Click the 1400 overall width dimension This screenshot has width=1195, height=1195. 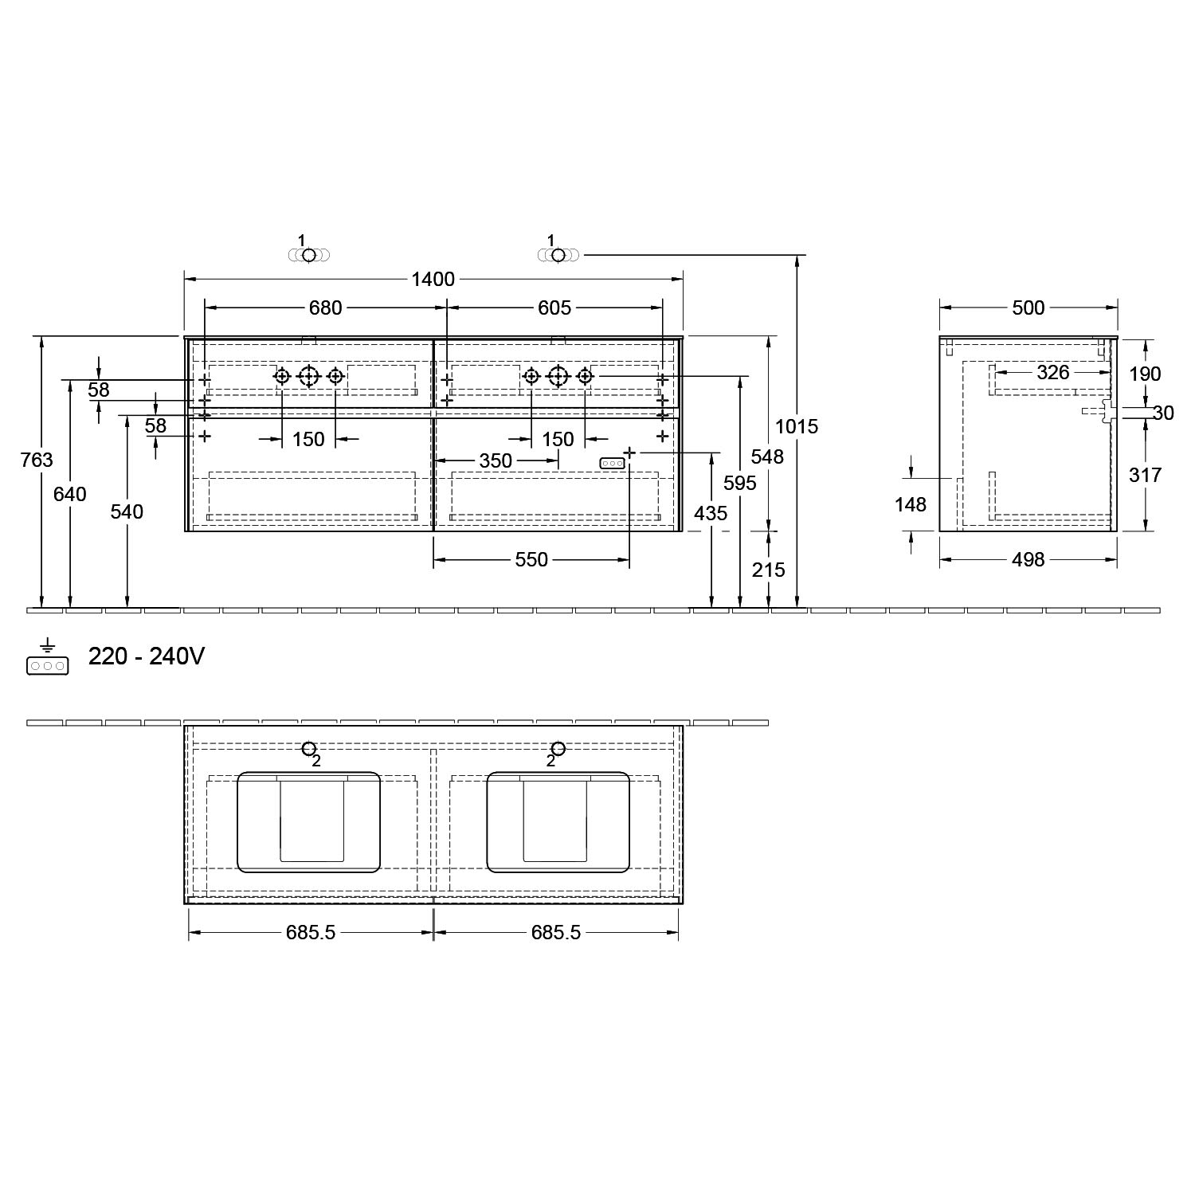point(433,279)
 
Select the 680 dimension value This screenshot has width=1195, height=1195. point(325,308)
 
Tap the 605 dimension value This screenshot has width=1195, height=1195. point(554,308)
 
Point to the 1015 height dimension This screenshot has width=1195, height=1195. point(797,426)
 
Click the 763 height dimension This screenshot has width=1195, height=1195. point(37,460)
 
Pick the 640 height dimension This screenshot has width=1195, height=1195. point(70,494)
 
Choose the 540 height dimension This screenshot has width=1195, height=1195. point(127,511)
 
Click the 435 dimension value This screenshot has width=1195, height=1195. point(711,514)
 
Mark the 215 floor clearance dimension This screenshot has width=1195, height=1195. point(769,570)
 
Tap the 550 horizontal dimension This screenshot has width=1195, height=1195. point(531,560)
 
